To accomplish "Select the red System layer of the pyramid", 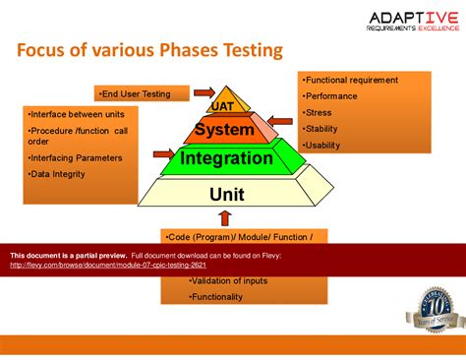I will [224, 130].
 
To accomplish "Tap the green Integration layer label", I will [227, 157].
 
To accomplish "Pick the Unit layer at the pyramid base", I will [227, 194].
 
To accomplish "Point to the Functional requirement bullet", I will [352, 80].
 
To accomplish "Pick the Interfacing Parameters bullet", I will [76, 157].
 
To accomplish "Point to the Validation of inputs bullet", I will [228, 281].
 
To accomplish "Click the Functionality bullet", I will [217, 297].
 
